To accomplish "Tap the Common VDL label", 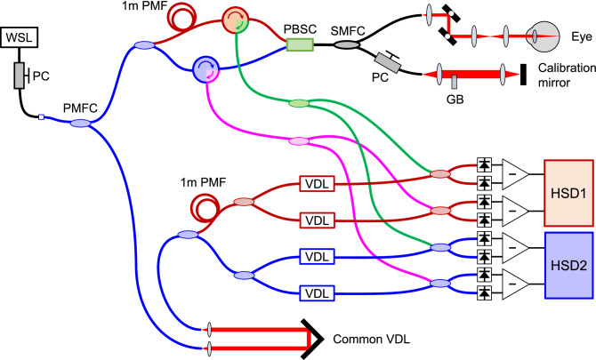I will (x=368, y=339).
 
